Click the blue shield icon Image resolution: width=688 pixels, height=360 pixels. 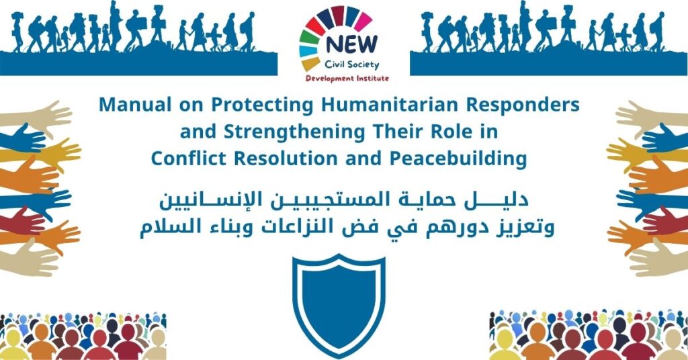339,305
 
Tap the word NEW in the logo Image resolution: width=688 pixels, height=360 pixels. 351,44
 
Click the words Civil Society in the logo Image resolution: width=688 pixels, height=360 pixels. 352,65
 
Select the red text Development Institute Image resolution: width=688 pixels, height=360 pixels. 347,79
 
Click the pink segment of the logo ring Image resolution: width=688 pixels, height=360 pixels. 363,21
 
